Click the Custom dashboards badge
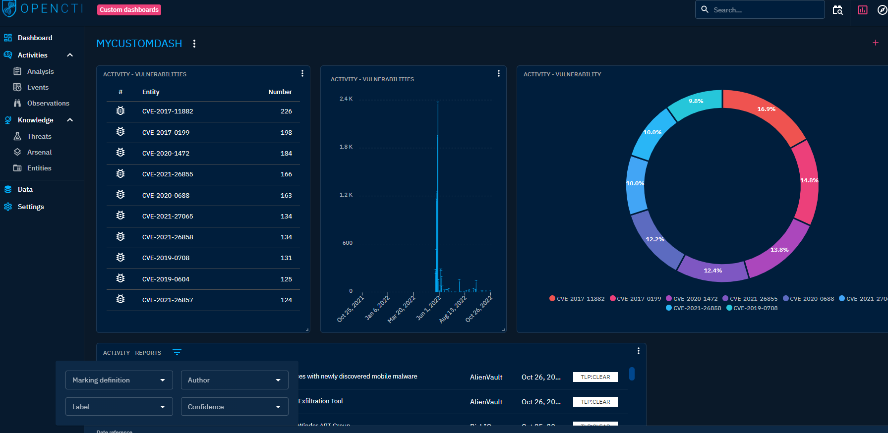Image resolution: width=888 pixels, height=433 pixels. [x=129, y=10]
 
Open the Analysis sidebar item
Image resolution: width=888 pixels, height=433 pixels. [x=40, y=71]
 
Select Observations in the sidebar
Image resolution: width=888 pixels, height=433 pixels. [x=48, y=103]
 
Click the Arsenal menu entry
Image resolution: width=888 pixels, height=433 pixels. [x=39, y=152]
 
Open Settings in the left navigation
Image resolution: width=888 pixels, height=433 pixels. [x=31, y=207]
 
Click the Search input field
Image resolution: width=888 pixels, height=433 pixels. [x=766, y=10]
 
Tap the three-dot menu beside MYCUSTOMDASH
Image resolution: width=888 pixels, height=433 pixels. [x=194, y=44]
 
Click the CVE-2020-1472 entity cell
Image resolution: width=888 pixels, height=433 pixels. [x=166, y=154]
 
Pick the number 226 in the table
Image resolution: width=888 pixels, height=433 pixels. [x=286, y=111]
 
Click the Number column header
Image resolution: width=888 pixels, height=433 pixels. [x=280, y=92]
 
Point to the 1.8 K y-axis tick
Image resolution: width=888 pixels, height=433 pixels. [x=346, y=147]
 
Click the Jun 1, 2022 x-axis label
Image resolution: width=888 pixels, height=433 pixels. [x=428, y=308]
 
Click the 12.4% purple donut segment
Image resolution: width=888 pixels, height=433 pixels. [x=713, y=271]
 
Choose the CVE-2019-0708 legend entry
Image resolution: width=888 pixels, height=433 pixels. [x=755, y=308]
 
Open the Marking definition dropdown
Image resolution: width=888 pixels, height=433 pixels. [x=119, y=380]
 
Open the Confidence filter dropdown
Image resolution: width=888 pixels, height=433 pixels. [x=234, y=407]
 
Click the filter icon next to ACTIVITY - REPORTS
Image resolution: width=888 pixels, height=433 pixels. [x=177, y=352]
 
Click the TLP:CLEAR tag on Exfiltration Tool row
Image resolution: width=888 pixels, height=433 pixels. [x=595, y=402]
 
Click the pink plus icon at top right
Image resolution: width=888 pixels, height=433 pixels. [x=875, y=43]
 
